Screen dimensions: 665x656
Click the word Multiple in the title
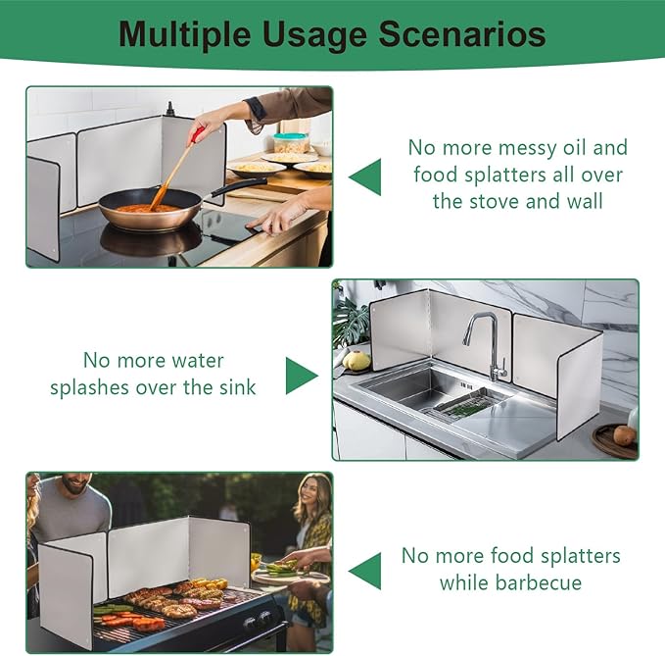(184, 35)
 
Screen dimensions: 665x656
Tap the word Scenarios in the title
(462, 34)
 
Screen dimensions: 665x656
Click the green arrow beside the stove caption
(365, 177)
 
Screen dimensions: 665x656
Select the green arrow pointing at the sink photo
(302, 376)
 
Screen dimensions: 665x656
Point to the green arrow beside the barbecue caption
(365, 571)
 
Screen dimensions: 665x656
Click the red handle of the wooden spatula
(197, 134)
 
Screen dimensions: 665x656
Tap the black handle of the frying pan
(239, 186)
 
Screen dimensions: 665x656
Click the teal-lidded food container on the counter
(291, 143)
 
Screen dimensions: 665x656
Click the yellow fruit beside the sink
(356, 361)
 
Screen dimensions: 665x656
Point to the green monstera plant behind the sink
(351, 324)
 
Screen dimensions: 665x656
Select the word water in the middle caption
(198, 361)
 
